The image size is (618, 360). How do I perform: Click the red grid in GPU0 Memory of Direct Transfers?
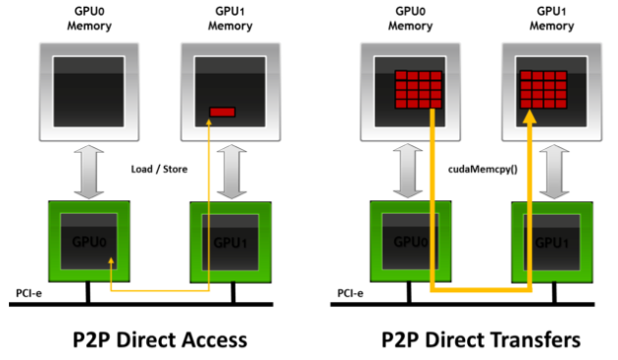pyautogui.click(x=418, y=90)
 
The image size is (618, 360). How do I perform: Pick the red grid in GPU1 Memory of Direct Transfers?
pyautogui.click(x=545, y=90)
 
